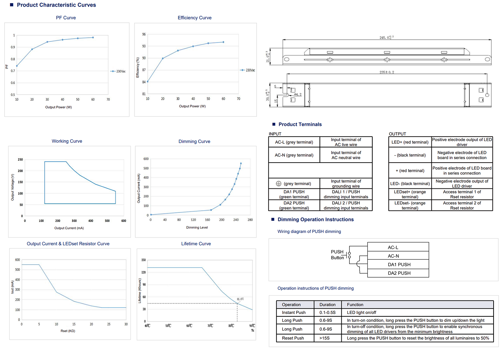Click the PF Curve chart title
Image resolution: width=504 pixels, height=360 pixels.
66,18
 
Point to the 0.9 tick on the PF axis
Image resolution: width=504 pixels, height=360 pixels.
13,47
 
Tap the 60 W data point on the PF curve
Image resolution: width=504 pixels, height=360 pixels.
93,37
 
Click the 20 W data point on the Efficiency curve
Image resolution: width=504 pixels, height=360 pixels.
163,58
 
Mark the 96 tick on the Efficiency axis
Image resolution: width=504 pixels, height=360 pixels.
144,34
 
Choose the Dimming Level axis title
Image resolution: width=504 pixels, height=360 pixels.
197,228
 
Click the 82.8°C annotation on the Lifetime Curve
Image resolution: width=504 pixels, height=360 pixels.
240,299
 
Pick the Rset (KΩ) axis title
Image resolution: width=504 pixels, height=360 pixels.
68,331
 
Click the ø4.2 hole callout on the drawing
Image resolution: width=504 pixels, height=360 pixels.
298,95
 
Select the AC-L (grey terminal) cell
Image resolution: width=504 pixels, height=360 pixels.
294,142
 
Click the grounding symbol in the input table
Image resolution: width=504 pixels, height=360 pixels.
279,184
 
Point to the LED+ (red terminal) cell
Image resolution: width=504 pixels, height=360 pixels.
410,142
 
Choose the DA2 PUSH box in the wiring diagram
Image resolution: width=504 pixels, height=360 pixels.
399,273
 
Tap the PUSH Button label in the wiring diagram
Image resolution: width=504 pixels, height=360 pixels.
337,255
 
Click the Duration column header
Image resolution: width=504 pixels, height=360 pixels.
327,305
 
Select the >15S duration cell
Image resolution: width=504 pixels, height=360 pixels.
325,338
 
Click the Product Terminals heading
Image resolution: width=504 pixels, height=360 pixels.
300,124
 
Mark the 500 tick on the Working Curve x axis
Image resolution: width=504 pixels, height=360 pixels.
107,221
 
